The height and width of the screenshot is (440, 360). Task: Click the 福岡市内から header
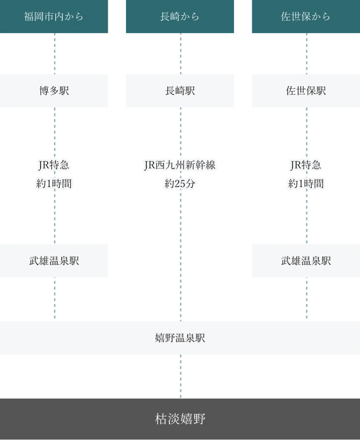[54, 17]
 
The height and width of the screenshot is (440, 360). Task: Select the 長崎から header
[181, 17]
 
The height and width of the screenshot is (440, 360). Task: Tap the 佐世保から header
[305, 17]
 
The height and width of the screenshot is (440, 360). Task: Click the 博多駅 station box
[54, 91]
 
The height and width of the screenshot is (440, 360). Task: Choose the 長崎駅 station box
[181, 91]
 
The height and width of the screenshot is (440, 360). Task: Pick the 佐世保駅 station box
[305, 91]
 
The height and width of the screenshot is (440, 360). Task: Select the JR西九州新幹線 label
[180, 165]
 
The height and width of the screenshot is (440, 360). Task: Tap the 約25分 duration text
[180, 184]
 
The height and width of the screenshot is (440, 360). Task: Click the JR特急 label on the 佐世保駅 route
[305, 165]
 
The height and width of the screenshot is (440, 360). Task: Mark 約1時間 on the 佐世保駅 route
[305, 184]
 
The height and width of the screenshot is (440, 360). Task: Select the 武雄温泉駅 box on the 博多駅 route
[54, 261]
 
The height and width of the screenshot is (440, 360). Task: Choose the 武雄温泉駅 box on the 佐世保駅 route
[305, 261]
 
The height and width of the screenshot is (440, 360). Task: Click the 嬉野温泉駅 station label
[180, 338]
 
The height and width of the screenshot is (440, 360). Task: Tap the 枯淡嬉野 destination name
[180, 418]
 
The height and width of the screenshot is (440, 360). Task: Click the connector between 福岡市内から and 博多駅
[54, 54]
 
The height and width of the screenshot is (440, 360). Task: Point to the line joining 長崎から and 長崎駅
[180, 54]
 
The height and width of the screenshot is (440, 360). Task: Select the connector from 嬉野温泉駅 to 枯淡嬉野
[180, 375]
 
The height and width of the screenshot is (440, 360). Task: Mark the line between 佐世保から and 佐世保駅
[305, 54]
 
